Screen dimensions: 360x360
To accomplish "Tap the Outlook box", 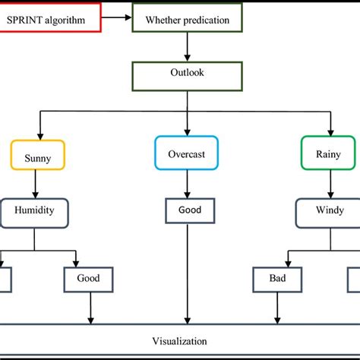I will (x=186, y=75).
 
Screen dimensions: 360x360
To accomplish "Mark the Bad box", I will (x=276, y=278).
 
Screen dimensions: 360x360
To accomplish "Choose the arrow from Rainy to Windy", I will (x=330, y=183).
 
